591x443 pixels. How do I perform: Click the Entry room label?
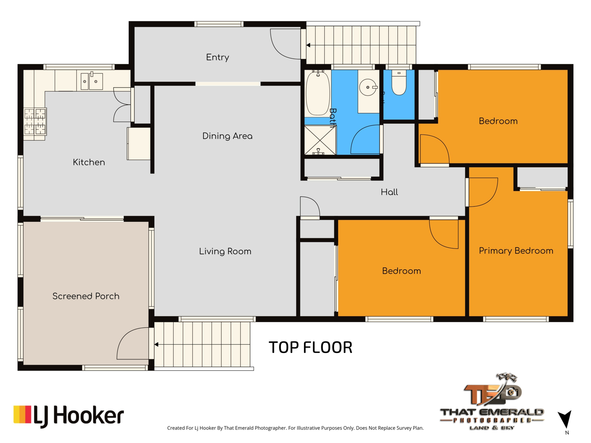[218, 57]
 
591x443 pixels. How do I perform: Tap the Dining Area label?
[227, 136]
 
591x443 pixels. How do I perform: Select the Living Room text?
[225, 251]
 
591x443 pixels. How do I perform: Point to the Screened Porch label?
[86, 296]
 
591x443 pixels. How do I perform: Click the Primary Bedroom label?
[516, 251]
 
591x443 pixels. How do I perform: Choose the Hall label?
[389, 192]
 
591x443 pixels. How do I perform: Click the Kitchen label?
[89, 162]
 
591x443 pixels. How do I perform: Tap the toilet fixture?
[399, 83]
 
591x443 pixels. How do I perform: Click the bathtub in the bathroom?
[318, 93]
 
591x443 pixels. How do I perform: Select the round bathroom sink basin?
[368, 87]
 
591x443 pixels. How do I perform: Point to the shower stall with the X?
[320, 140]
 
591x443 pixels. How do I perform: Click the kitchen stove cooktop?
[35, 122]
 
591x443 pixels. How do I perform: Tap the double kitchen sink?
[91, 81]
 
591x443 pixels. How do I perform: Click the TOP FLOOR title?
[310, 347]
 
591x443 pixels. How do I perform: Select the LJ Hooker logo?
[68, 416]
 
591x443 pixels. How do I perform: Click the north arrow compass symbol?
[565, 419]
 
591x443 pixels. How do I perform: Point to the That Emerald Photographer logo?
[492, 402]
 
